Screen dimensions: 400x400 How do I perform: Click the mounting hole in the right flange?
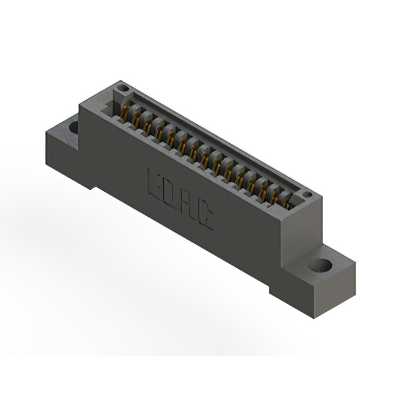point(320,265)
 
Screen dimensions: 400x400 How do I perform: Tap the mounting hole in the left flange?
point(73,127)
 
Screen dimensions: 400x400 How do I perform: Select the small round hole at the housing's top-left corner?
point(123,88)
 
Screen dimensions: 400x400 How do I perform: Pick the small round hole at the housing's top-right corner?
point(306,195)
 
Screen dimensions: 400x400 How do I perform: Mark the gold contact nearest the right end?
point(287,201)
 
